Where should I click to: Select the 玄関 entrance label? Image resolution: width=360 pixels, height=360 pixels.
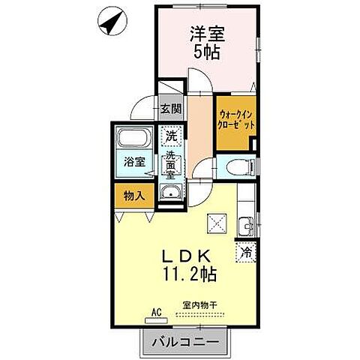click(x=171, y=109)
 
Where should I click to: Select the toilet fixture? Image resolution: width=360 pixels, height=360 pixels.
click(x=235, y=166)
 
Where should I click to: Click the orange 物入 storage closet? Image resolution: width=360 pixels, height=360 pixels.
click(x=133, y=196)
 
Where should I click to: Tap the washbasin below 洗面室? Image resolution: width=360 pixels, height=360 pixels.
click(x=171, y=196)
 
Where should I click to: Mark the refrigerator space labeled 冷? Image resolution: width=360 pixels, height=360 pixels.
click(x=246, y=253)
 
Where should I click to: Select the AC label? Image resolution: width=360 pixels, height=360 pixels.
click(x=156, y=310)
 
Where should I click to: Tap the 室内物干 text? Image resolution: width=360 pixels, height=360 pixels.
click(x=196, y=306)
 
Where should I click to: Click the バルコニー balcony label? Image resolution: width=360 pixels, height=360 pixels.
click(x=183, y=342)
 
